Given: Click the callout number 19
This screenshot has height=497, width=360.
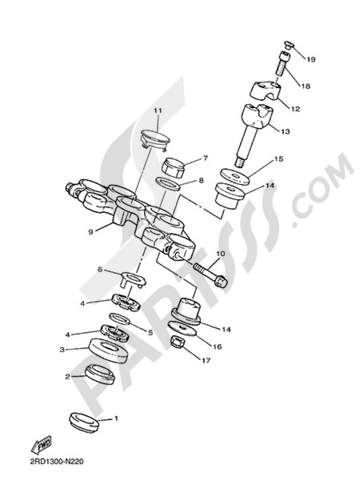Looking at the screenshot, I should [x=311, y=60].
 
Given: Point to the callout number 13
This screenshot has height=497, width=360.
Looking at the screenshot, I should [x=285, y=132].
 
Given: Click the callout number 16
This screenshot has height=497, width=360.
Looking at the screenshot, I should [x=217, y=347].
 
